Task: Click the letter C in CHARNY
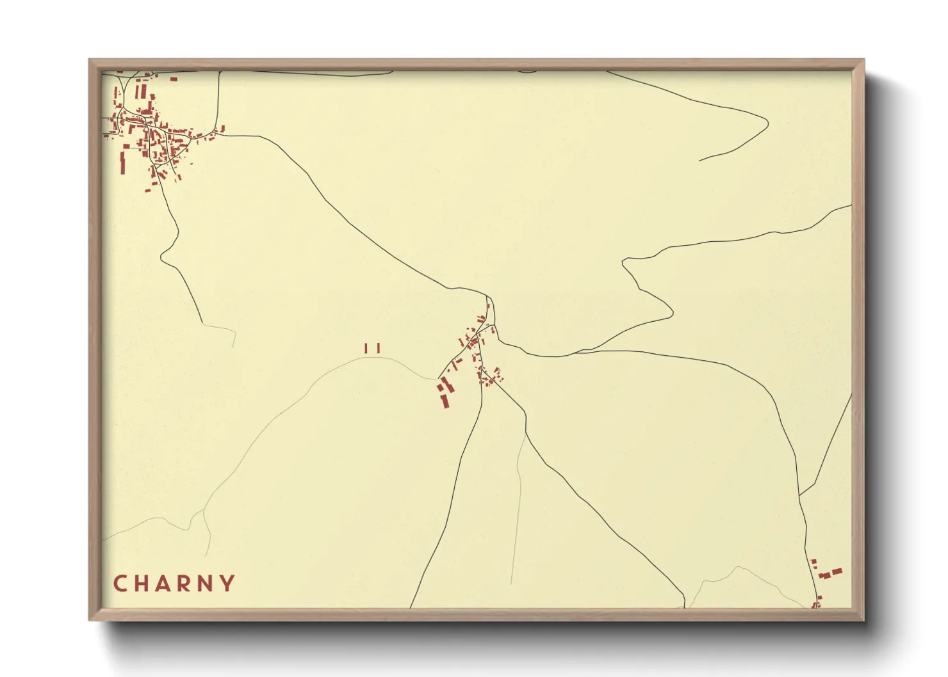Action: coord(120,584)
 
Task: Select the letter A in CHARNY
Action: coord(165,584)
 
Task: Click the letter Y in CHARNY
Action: coord(227,584)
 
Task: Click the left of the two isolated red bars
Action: coord(366,348)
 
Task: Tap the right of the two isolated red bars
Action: coord(379,348)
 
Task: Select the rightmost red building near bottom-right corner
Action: coord(837,571)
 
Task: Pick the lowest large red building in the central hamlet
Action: coord(443,401)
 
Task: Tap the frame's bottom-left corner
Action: coord(90,619)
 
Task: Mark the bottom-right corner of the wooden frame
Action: coord(863,619)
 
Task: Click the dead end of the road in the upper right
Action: coord(699,160)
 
